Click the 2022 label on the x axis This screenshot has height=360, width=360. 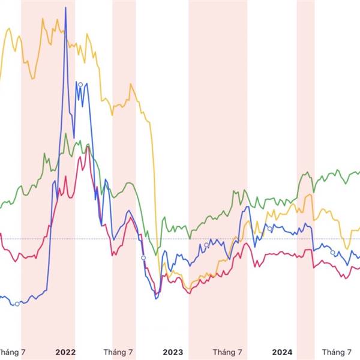click(x=65, y=352)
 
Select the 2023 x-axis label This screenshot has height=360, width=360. click(x=173, y=352)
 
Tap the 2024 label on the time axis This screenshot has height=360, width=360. click(x=283, y=352)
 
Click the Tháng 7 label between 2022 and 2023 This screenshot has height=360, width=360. click(x=118, y=352)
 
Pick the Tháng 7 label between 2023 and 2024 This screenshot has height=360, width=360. click(x=227, y=352)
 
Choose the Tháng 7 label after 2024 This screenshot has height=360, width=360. click(x=337, y=352)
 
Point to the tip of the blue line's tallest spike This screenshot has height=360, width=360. click(x=65, y=7)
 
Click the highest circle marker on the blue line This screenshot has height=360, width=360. click(x=80, y=84)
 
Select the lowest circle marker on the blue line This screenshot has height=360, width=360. click(x=17, y=304)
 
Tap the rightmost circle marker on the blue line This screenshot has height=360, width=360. click(x=333, y=253)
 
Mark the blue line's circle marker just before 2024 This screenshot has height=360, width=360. click(x=270, y=229)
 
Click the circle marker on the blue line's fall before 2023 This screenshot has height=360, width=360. click(x=143, y=257)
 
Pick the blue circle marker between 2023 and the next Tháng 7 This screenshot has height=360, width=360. click(x=206, y=245)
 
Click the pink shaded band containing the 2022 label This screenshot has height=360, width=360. click(x=48, y=180)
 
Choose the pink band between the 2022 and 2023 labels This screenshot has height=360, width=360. click(x=124, y=180)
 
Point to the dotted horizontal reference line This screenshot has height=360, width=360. click(x=180, y=239)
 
